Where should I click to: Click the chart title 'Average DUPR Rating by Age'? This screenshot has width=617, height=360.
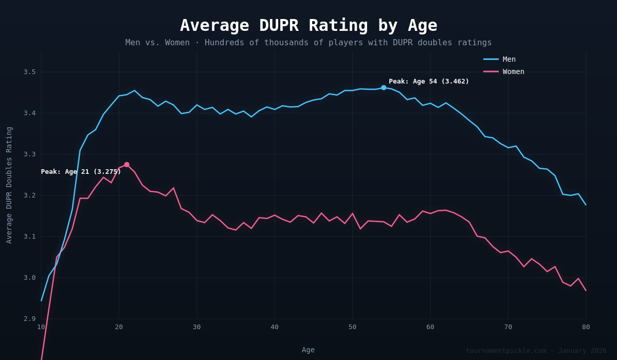pyautogui.click(x=308, y=25)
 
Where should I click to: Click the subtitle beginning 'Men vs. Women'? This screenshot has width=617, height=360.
pyautogui.click(x=308, y=43)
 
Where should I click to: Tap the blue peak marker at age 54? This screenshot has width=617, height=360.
pyautogui.click(x=384, y=88)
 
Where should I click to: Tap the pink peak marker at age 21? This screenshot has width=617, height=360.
pyautogui.click(x=126, y=165)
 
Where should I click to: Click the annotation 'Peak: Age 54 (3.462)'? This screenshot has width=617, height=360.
pyautogui.click(x=429, y=81)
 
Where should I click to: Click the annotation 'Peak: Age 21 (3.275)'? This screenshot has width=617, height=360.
pyautogui.click(x=81, y=172)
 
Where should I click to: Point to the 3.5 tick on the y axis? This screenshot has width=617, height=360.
pyautogui.click(x=29, y=72)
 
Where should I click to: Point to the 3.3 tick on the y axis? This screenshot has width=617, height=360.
pyautogui.click(x=29, y=154)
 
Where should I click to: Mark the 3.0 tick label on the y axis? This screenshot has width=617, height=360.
pyautogui.click(x=29, y=278)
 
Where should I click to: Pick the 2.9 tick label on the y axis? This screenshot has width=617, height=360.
pyautogui.click(x=29, y=319)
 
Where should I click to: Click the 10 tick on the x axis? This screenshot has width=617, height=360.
pyautogui.click(x=41, y=327)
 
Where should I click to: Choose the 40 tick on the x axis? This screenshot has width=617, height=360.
pyautogui.click(x=275, y=327)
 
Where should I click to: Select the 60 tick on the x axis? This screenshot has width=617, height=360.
pyautogui.click(x=430, y=327)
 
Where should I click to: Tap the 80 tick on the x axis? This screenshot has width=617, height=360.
pyautogui.click(x=586, y=327)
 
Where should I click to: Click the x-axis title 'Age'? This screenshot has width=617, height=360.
pyautogui.click(x=308, y=350)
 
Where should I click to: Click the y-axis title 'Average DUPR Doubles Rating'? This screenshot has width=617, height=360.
pyautogui.click(x=9, y=185)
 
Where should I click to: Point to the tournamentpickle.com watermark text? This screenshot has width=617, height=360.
pyautogui.click(x=536, y=351)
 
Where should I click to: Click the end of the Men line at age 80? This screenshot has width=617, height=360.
pyautogui.click(x=586, y=205)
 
